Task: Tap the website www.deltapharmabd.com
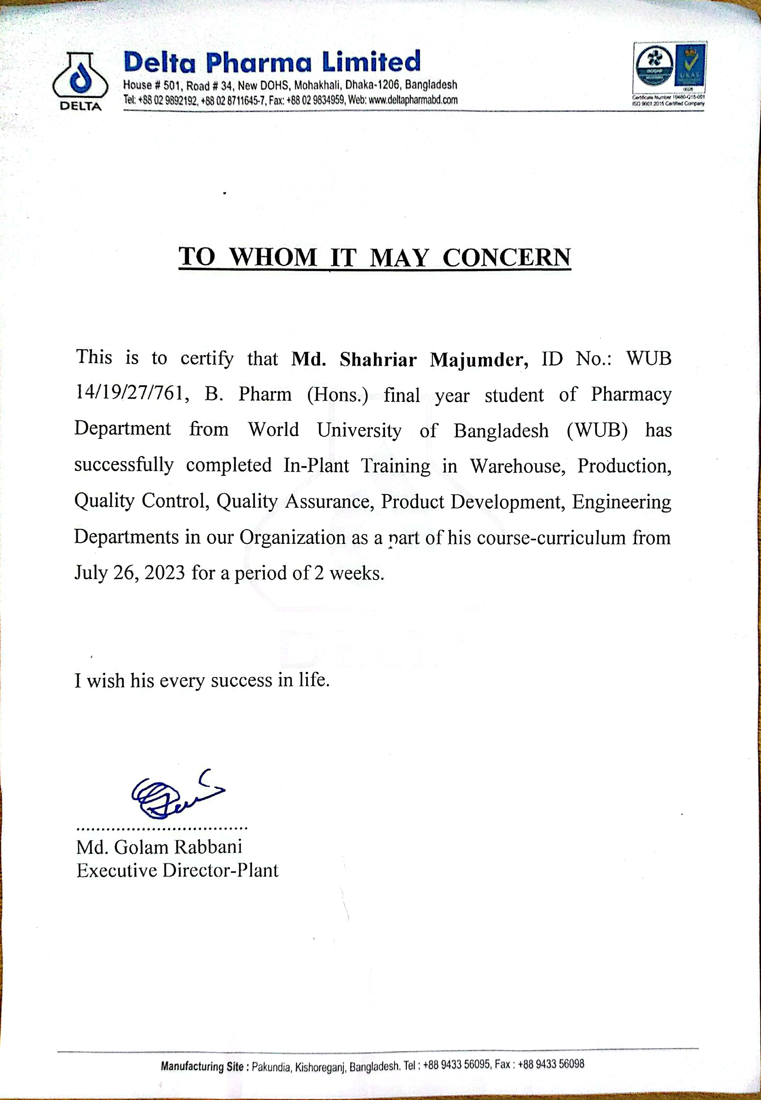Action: (413, 100)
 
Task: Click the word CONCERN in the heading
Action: (507, 258)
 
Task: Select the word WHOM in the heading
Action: (273, 258)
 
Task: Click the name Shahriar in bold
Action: (378, 359)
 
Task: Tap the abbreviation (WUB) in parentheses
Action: (597, 430)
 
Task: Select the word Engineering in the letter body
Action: (621, 501)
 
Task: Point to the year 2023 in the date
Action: (165, 573)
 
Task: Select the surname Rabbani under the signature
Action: (208, 847)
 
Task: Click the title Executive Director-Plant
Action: (177, 871)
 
